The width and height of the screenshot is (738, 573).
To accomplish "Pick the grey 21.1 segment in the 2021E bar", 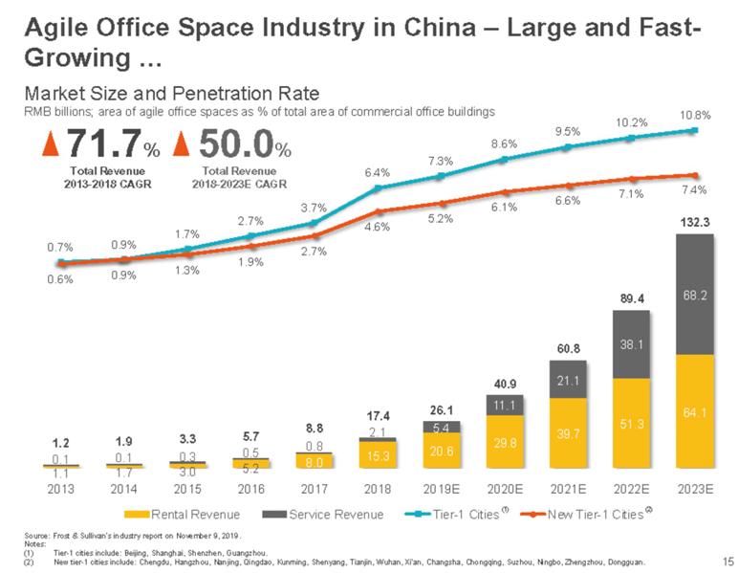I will coord(568,381).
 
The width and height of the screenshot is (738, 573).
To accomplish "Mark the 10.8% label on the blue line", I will coord(695,115).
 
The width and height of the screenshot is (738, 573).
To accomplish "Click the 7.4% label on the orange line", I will coord(695,190).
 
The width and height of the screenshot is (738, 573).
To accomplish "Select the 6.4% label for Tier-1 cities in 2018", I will coord(378,173).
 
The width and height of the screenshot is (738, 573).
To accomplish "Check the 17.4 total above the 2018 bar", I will coord(379,416).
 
